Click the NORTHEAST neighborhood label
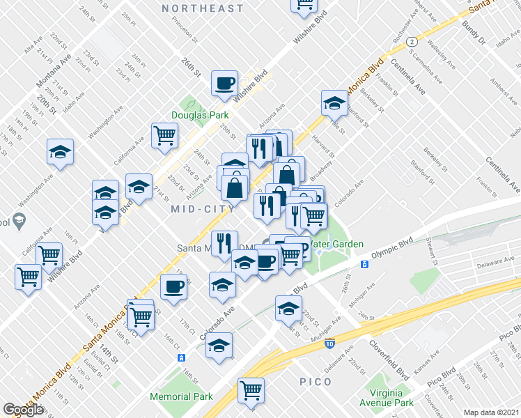203,8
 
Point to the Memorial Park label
181,396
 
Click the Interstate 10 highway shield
329,343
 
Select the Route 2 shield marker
412,42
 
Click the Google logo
23,410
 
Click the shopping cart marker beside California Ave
165,135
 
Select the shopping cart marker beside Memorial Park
251,390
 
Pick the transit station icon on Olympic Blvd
364,264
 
